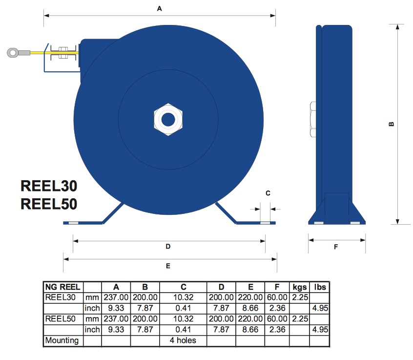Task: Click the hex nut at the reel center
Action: [168, 120]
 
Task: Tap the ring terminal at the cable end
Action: [13, 52]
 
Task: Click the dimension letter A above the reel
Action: [159, 9]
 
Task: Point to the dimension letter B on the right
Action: [392, 124]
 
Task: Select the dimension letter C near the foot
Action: [268, 193]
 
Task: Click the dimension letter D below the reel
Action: [168, 246]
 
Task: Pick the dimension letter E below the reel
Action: [168, 266]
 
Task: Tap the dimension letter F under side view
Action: [336, 247]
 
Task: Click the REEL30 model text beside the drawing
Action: [49, 186]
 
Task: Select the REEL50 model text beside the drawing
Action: [49, 204]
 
